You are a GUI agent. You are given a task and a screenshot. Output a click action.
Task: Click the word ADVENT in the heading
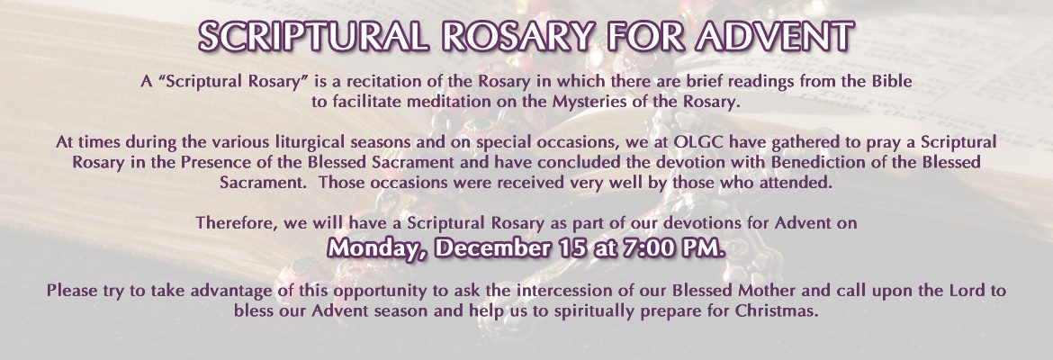coord(775,36)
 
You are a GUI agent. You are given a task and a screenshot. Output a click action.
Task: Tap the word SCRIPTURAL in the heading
coord(313,36)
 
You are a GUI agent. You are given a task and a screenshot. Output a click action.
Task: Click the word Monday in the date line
coord(378,247)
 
